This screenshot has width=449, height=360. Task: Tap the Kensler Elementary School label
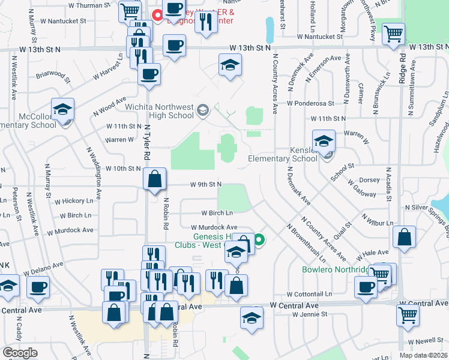[x=283, y=154]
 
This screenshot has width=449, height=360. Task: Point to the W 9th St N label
[x=206, y=184]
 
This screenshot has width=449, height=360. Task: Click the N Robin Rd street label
[x=166, y=214]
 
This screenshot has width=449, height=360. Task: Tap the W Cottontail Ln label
[x=309, y=295]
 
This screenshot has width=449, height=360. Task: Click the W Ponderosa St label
[x=310, y=103]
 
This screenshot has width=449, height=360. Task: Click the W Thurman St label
[x=91, y=5]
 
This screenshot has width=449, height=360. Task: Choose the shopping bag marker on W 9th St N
[x=154, y=178]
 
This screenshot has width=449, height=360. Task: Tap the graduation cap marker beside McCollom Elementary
[x=62, y=110]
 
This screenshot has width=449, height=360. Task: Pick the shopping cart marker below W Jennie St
[x=408, y=314]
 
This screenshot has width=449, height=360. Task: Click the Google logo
[x=20, y=353]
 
